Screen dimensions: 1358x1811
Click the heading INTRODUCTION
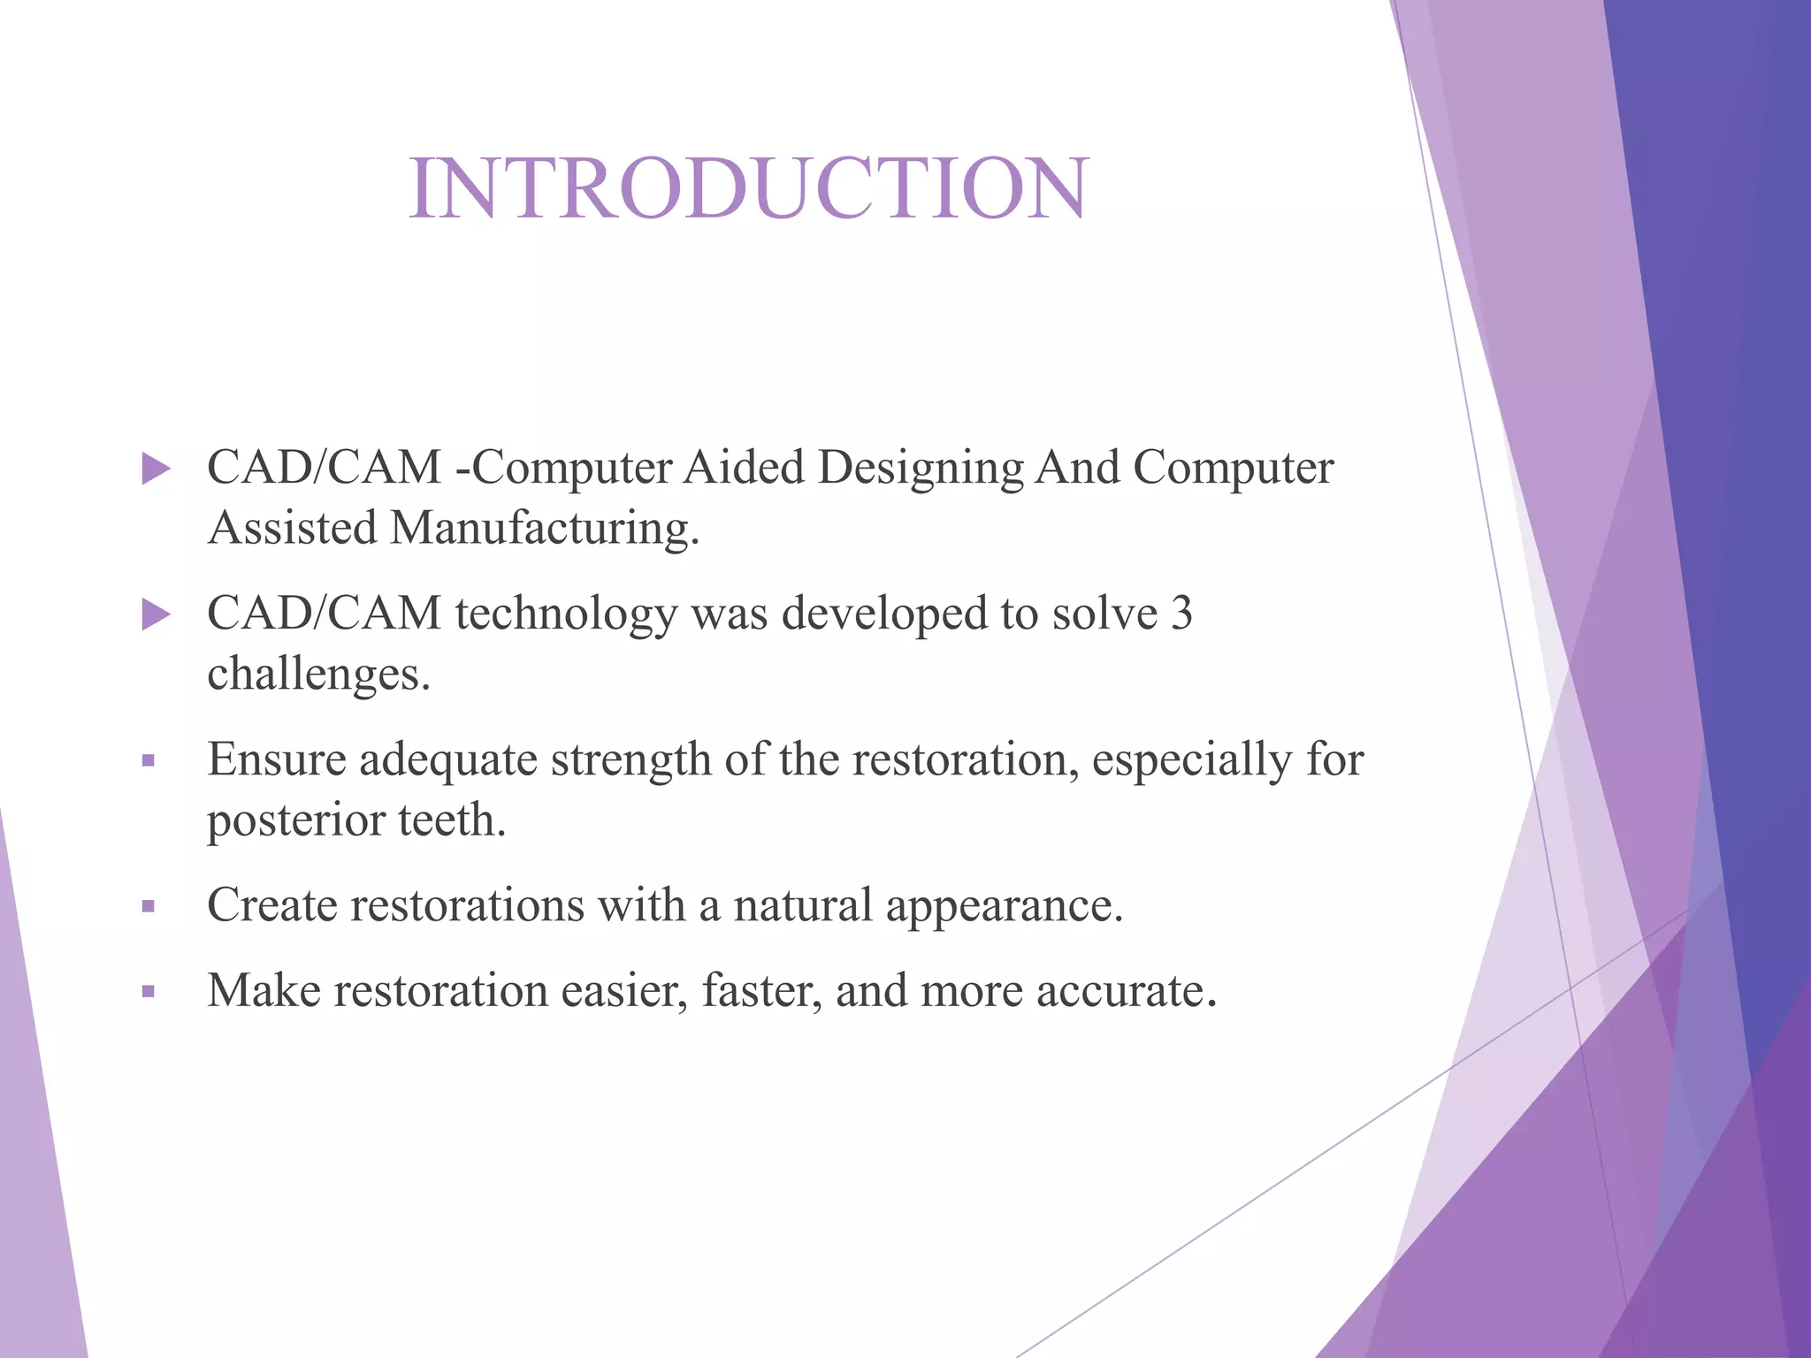tap(748, 188)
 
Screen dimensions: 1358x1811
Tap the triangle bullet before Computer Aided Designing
tap(156, 469)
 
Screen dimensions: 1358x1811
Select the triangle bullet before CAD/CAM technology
tap(156, 614)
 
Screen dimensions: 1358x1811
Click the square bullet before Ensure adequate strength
tap(149, 760)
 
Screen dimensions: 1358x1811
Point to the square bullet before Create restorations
tap(149, 906)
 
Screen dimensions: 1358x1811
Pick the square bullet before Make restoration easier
tap(149, 991)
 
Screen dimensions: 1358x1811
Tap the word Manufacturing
tap(544, 528)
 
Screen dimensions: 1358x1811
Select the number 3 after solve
tap(1181, 614)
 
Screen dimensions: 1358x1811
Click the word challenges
tap(318, 675)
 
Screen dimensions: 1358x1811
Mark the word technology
tap(566, 614)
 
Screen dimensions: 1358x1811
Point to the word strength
tap(630, 760)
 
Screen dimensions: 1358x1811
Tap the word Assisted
tap(293, 528)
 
